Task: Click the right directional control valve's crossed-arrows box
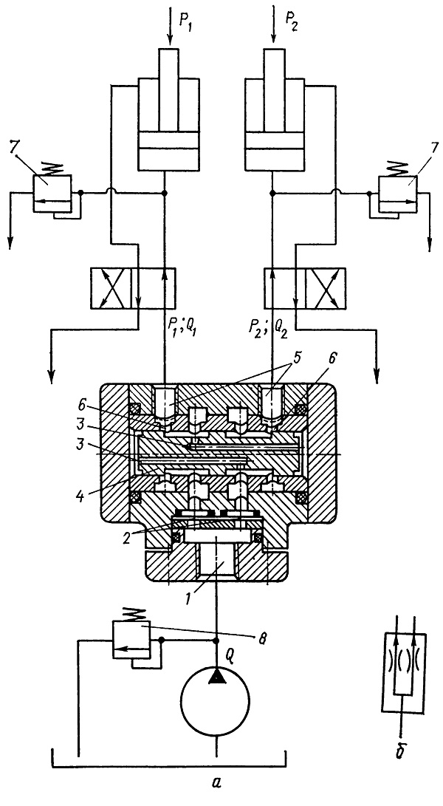coord(327,288)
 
